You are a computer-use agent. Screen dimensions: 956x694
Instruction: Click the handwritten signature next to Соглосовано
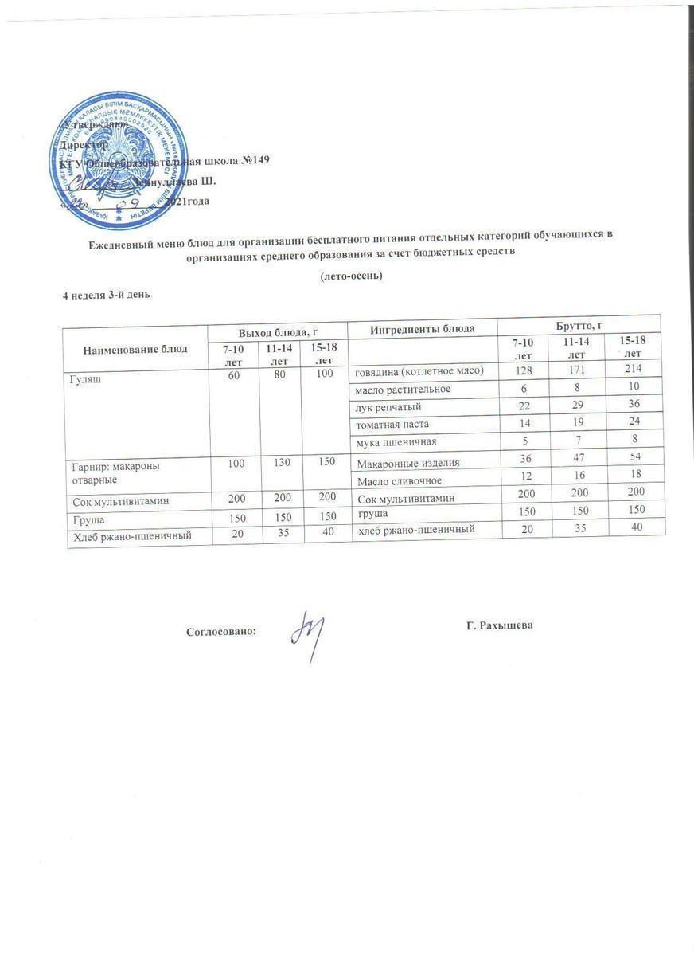tap(307, 634)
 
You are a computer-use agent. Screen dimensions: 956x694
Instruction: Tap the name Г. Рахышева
tap(499, 625)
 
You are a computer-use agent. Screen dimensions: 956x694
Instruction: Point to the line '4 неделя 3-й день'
tap(107, 295)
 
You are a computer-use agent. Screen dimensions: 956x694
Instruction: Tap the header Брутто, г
tap(580, 325)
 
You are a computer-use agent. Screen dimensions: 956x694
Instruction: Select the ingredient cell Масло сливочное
tap(399, 480)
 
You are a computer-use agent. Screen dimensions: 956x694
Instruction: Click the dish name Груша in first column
tap(84, 519)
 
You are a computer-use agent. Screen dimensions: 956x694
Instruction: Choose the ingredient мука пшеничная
tap(396, 441)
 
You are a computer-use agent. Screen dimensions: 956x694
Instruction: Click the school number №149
tap(255, 159)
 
